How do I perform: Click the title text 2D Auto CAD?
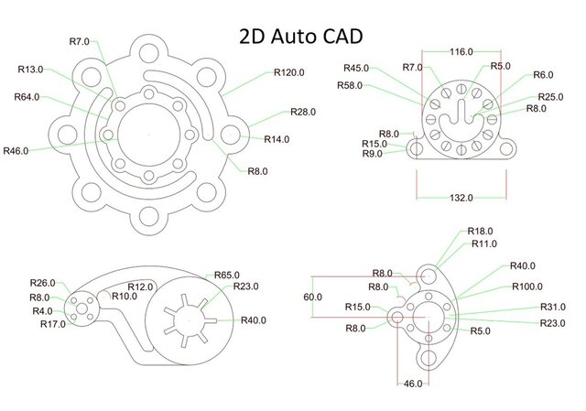298,36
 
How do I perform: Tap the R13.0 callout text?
31,69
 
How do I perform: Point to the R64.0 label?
28,97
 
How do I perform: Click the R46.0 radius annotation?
17,150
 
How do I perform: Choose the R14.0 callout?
276,139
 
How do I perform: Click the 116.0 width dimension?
461,52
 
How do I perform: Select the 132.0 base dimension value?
461,197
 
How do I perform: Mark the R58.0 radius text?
349,85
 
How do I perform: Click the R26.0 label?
43,282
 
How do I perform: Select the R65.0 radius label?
228,275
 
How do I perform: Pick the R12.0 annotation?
140,287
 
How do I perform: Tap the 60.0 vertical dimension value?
313,297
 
